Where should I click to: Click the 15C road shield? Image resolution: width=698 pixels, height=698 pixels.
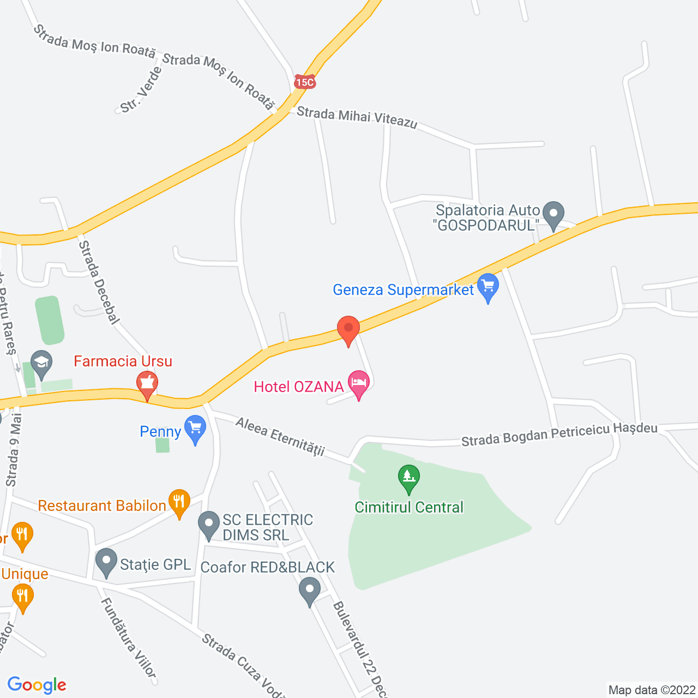(x=304, y=82)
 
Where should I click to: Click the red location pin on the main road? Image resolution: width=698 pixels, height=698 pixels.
(x=348, y=330)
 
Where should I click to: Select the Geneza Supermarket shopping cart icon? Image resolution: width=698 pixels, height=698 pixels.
(x=488, y=286)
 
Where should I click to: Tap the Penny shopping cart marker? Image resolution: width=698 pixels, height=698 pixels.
(x=195, y=429)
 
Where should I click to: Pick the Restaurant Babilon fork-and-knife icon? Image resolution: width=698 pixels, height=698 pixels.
(x=179, y=502)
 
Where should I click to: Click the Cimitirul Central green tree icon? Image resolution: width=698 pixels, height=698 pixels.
(x=408, y=478)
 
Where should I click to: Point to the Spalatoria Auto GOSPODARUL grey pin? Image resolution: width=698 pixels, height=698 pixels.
(x=553, y=214)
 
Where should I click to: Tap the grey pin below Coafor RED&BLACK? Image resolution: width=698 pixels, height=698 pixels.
(x=310, y=591)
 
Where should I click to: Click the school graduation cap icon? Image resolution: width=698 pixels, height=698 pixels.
(x=41, y=363)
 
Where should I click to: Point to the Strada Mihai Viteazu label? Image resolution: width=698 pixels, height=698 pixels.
(x=357, y=118)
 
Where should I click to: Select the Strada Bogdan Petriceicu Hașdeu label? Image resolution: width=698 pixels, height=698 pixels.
(x=559, y=435)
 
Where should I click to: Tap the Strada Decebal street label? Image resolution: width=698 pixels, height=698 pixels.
(x=99, y=282)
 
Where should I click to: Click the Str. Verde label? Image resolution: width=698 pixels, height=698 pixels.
(x=141, y=91)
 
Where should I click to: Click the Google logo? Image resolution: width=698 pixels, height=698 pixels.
(x=37, y=685)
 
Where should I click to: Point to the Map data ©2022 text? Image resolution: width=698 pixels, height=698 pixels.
(x=652, y=690)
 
